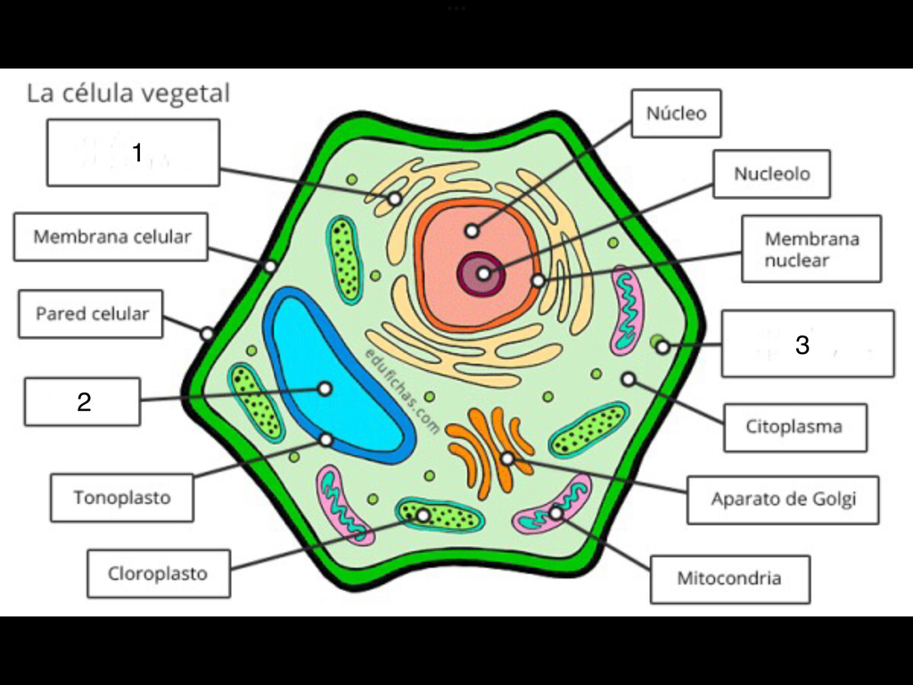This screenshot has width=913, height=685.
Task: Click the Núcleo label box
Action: (x=676, y=113)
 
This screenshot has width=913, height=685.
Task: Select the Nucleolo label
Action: (x=771, y=174)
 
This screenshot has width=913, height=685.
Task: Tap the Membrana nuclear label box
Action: (x=811, y=250)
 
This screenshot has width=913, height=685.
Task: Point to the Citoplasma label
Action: (x=794, y=427)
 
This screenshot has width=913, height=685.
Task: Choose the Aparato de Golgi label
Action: (x=783, y=499)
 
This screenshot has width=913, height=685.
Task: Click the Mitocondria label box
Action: (x=729, y=579)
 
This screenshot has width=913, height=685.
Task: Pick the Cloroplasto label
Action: (x=159, y=574)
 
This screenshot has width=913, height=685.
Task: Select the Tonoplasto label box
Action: (x=121, y=498)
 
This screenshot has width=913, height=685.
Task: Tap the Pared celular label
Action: (x=91, y=314)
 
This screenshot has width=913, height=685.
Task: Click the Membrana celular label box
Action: (x=111, y=236)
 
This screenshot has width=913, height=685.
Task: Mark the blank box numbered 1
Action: (x=134, y=153)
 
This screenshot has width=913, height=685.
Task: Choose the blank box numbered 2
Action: (x=82, y=402)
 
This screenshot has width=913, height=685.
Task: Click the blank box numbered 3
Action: (x=808, y=343)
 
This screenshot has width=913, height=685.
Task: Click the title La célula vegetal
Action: (x=128, y=93)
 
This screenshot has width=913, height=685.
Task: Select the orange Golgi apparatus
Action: (x=489, y=450)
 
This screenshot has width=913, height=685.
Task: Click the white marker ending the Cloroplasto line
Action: (x=424, y=516)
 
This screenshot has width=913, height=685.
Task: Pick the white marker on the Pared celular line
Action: (x=207, y=334)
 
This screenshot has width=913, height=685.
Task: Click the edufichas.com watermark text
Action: (x=402, y=392)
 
